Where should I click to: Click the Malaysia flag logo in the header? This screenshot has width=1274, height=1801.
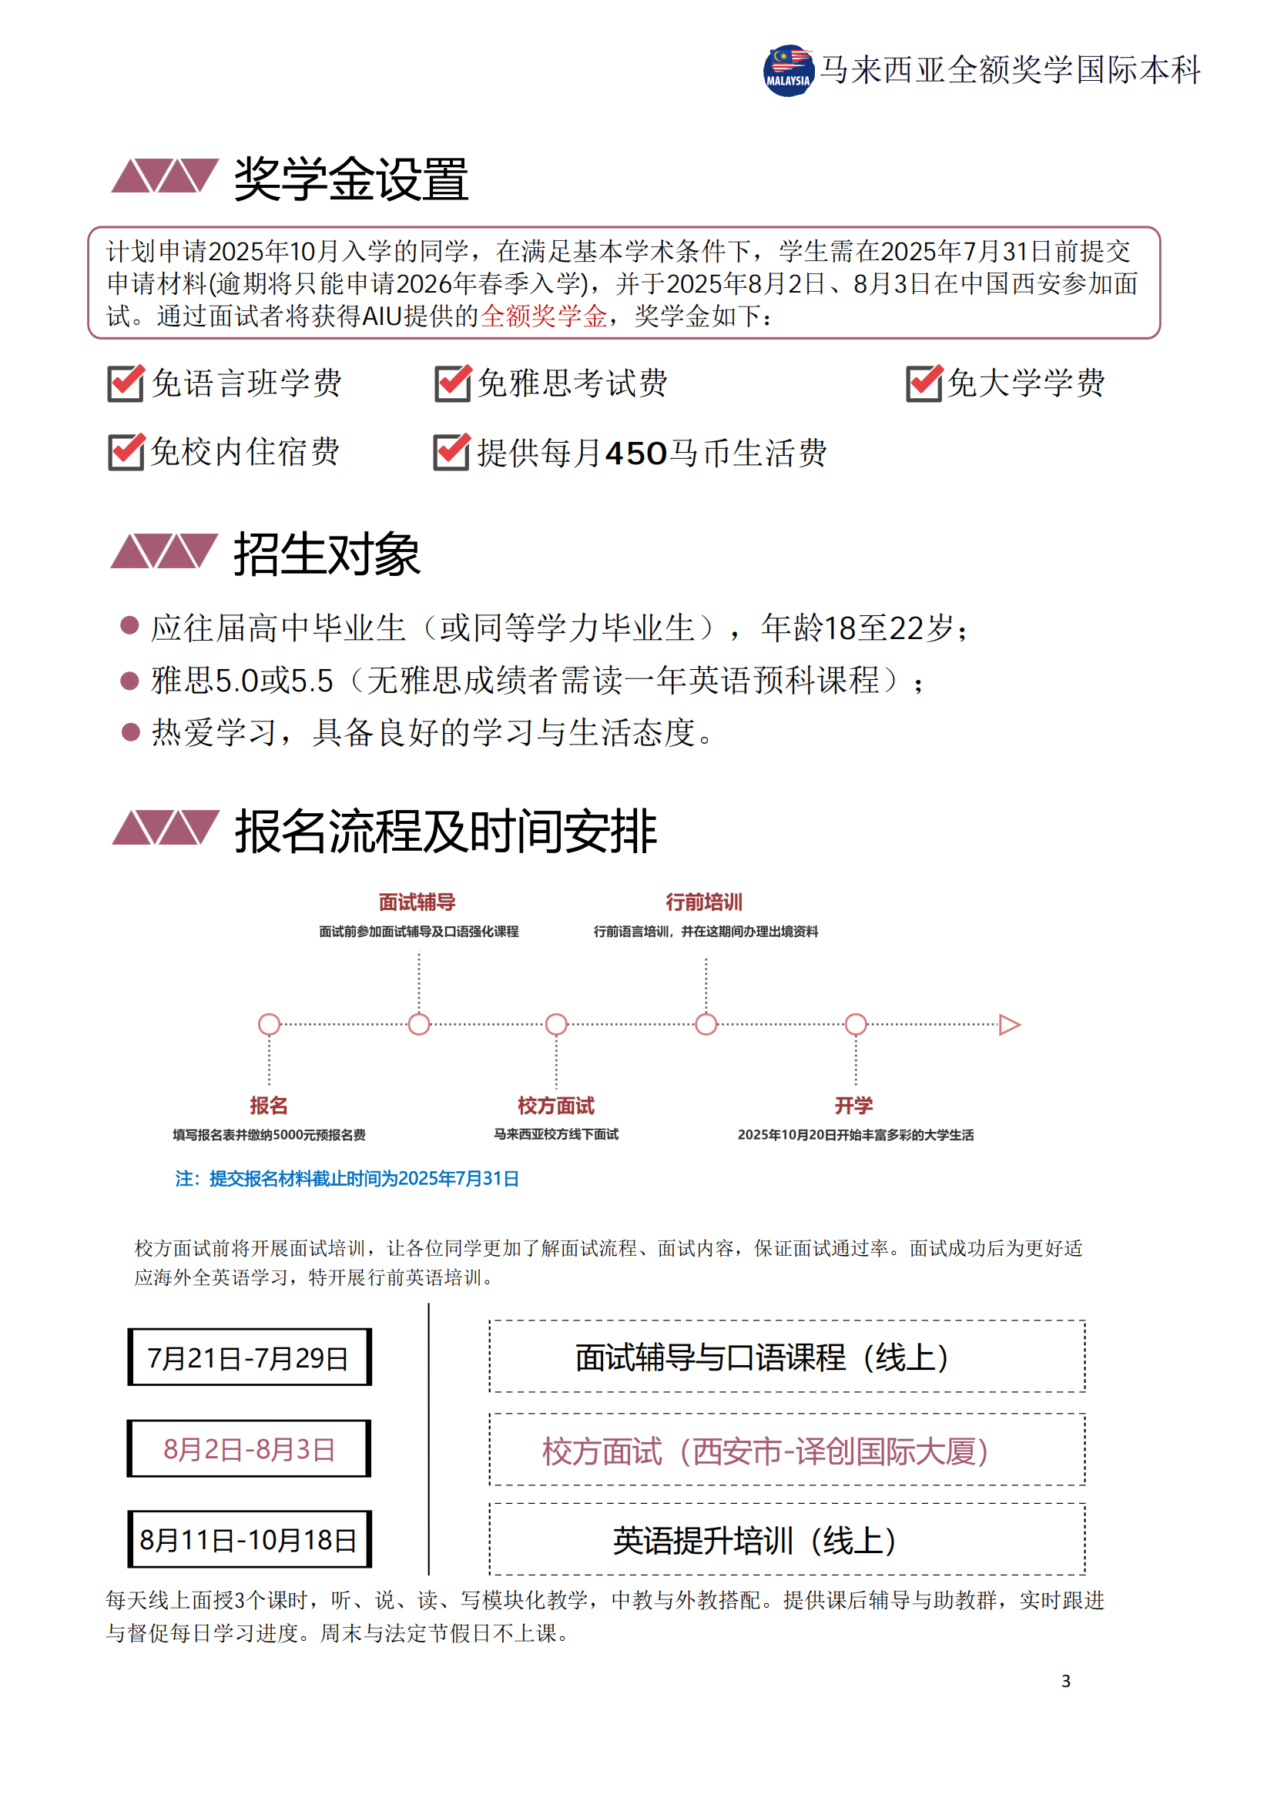[x=789, y=71]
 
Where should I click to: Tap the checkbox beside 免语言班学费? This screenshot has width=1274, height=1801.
[x=126, y=383]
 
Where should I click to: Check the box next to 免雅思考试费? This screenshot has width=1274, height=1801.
[x=453, y=383]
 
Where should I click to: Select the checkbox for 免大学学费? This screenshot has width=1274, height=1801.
[x=924, y=383]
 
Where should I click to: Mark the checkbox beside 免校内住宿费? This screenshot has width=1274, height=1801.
[x=126, y=452]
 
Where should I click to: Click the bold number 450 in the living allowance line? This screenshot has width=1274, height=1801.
[x=636, y=454]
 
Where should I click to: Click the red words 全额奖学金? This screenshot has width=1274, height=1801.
[x=544, y=316]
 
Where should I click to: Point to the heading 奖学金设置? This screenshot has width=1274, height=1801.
[x=350, y=179]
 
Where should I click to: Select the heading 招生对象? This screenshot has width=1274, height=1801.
[x=327, y=554]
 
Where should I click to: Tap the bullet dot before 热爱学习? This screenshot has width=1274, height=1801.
[x=130, y=731]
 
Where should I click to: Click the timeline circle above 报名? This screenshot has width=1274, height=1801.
[x=269, y=1024]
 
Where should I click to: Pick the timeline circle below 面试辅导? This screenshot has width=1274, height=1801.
[x=419, y=1024]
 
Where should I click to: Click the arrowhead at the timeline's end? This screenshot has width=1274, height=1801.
[x=1010, y=1024]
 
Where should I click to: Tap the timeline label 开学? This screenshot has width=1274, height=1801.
[x=854, y=1105]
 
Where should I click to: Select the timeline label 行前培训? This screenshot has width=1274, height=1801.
[x=705, y=902]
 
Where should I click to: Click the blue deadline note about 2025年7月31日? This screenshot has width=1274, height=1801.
[x=347, y=1178]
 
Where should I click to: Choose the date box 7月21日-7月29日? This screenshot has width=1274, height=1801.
[x=249, y=1357]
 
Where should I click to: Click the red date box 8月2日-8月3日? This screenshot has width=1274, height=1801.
[x=249, y=1449]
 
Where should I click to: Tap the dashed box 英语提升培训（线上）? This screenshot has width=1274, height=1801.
[x=787, y=1540]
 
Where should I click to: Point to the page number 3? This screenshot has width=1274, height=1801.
[x=1066, y=1681]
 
